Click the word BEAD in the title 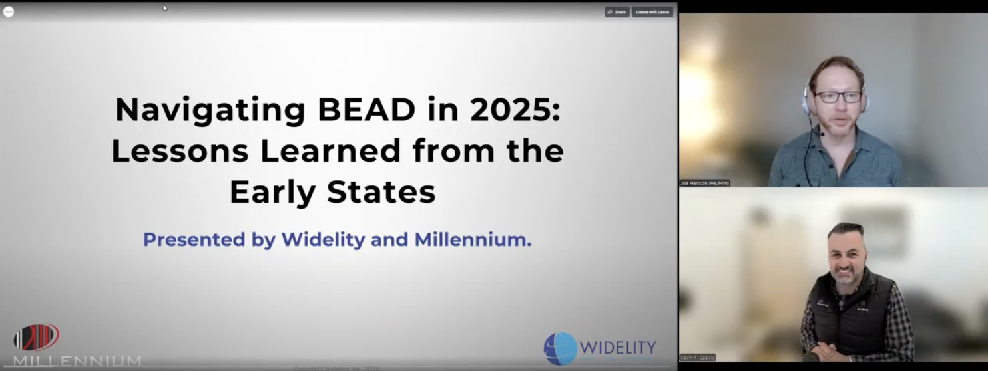[x=367, y=110]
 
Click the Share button [x=617, y=12]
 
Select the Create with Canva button [x=652, y=12]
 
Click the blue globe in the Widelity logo [x=560, y=348]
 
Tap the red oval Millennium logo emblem [x=37, y=337]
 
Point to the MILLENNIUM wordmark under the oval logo [x=77, y=361]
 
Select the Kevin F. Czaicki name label [x=697, y=358]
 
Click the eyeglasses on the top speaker [x=838, y=97]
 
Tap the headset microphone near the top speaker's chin [x=823, y=134]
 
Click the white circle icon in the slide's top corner [x=9, y=11]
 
